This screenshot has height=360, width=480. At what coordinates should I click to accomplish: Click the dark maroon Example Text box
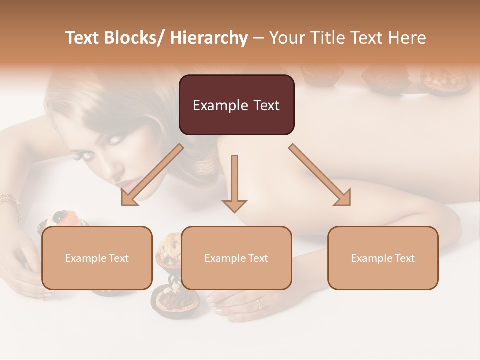[236, 105]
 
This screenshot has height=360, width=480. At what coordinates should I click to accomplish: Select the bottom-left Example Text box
[97, 258]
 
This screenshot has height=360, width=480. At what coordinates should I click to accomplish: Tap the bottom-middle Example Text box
[236, 258]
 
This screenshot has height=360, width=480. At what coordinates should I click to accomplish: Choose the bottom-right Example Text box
[383, 258]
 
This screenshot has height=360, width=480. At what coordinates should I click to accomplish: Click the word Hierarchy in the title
[209, 38]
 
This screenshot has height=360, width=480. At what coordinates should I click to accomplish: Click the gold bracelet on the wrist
[10, 202]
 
